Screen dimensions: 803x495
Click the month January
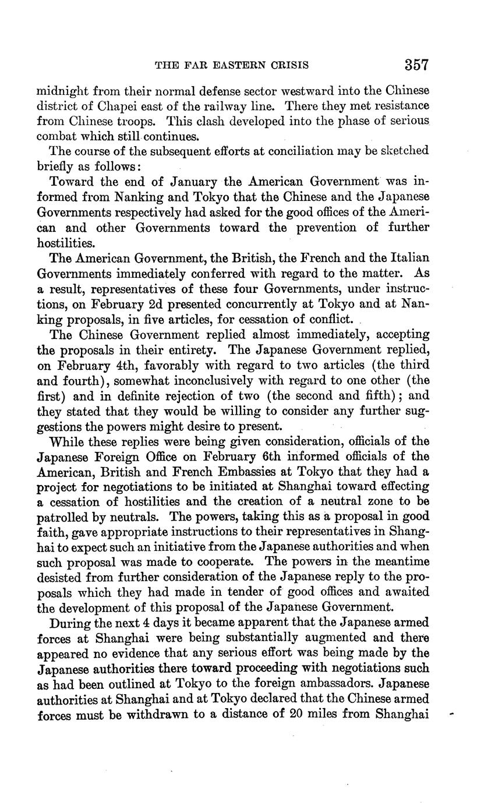pyautogui.click(x=178, y=182)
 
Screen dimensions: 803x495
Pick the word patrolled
pyautogui.click(x=65, y=517)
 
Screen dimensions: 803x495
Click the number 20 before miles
pyautogui.click(x=298, y=714)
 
